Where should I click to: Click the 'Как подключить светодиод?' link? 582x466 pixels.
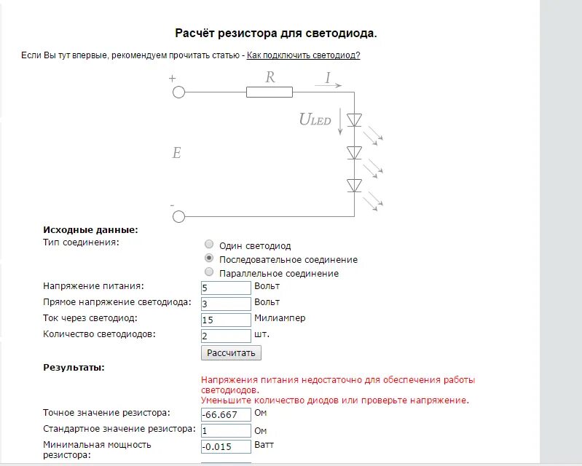pyautogui.click(x=303, y=55)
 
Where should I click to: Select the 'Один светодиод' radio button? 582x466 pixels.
pyautogui.click(x=210, y=245)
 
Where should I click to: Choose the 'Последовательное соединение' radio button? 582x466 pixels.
pyautogui.click(x=210, y=258)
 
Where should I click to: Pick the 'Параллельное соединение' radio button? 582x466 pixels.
pyautogui.click(x=210, y=272)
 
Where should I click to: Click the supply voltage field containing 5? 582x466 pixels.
pyautogui.click(x=226, y=288)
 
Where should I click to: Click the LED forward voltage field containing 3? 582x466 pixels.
pyautogui.click(x=226, y=304)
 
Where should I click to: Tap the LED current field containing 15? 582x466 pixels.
pyautogui.click(x=226, y=320)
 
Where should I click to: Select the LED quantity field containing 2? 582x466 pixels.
pyautogui.click(x=226, y=336)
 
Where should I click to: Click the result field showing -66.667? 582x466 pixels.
pyautogui.click(x=226, y=415)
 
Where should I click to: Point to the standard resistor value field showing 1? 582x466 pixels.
pyautogui.click(x=226, y=431)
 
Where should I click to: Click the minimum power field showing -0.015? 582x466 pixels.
pyautogui.click(x=226, y=447)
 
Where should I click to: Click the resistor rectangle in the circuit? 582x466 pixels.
pyautogui.click(x=270, y=92)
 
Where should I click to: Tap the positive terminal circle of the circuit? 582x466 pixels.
pyautogui.click(x=178, y=92)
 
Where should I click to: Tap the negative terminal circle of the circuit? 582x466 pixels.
pyautogui.click(x=178, y=216)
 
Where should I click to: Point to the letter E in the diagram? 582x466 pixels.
pyautogui.click(x=176, y=154)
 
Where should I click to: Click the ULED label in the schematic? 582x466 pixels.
pyautogui.click(x=315, y=120)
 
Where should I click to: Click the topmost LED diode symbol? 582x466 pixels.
pyautogui.click(x=355, y=120)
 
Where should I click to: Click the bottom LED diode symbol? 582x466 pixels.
pyautogui.click(x=355, y=186)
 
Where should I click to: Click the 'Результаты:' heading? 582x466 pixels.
pyautogui.click(x=74, y=368)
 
